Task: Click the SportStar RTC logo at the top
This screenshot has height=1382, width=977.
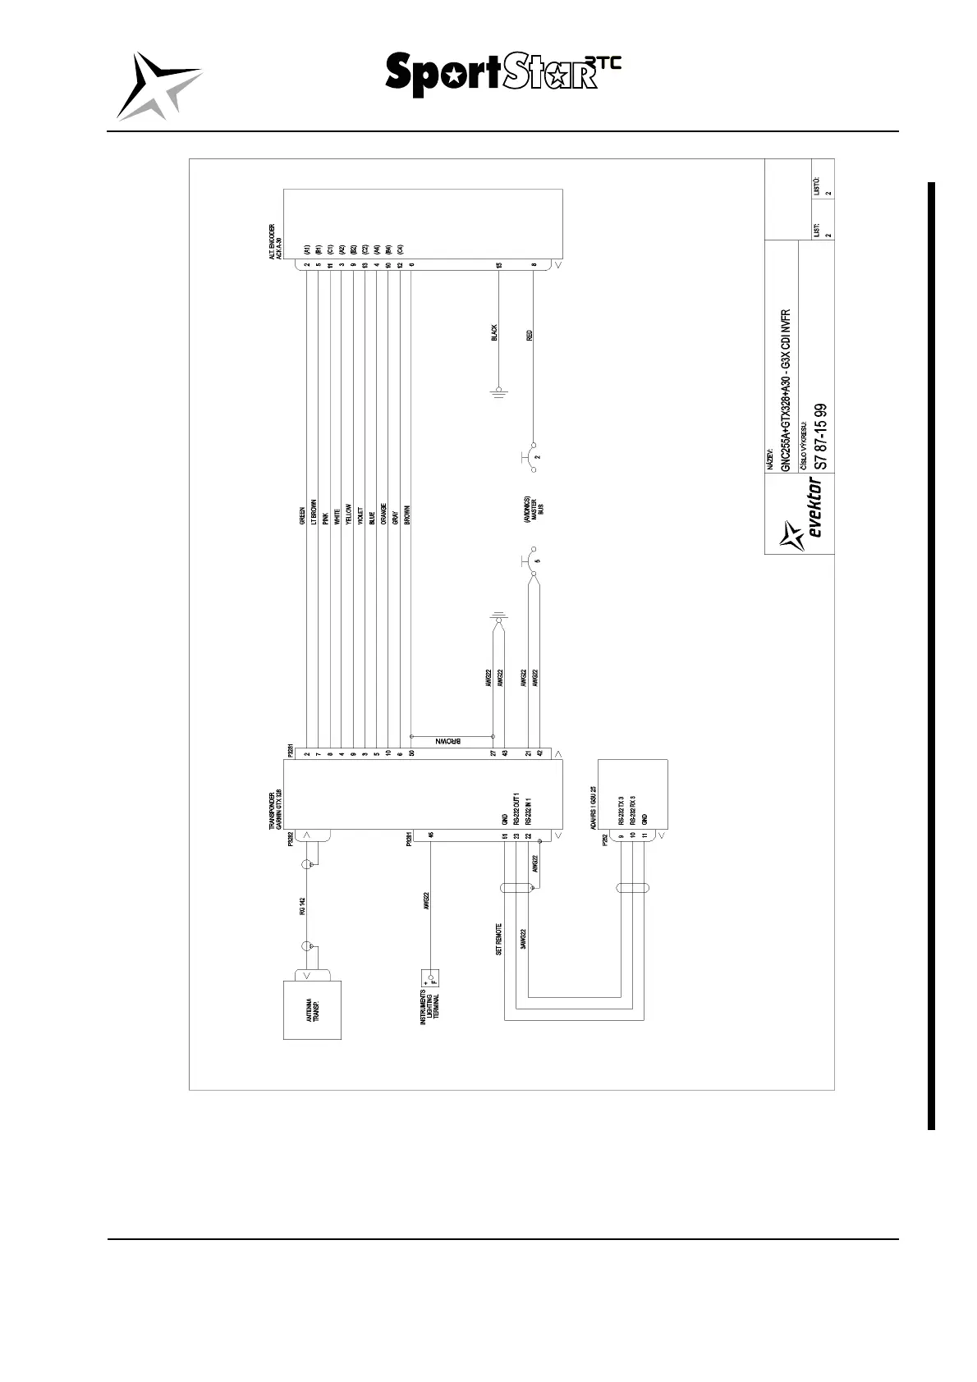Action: [502, 75]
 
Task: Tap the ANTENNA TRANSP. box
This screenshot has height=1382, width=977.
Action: [312, 1009]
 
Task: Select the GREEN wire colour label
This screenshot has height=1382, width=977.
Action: [303, 514]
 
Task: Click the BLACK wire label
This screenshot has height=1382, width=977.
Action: [494, 332]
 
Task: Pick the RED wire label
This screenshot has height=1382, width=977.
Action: [530, 335]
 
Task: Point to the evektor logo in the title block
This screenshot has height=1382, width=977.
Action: [805, 518]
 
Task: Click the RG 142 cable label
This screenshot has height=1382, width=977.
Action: [302, 907]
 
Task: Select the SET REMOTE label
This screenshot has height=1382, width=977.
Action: [498, 940]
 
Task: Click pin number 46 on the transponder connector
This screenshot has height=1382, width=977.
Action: [430, 835]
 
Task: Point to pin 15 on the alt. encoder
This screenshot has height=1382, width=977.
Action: [498, 265]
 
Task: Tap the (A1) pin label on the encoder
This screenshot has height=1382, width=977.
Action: [306, 249]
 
